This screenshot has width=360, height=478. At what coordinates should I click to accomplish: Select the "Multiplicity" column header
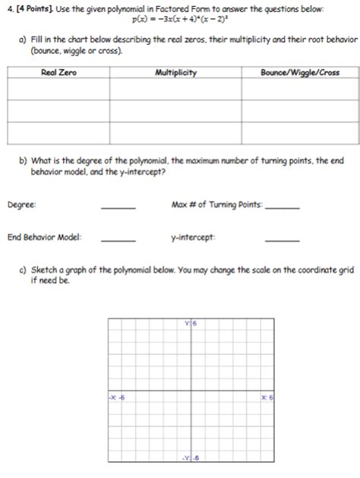[x=176, y=73]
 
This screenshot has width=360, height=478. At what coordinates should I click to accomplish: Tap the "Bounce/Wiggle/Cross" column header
[x=299, y=73]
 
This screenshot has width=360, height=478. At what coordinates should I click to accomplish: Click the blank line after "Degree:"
[x=118, y=207]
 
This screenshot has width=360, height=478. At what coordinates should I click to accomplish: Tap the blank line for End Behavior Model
[x=118, y=240]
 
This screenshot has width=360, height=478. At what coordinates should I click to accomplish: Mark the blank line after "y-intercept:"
[x=283, y=240]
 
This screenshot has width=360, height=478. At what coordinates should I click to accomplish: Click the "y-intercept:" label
[x=193, y=237]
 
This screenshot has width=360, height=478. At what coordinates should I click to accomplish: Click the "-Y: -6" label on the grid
[x=190, y=457]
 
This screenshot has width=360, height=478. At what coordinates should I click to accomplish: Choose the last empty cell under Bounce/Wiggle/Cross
[x=299, y=133]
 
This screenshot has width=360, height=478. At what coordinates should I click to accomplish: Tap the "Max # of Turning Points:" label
[x=217, y=204]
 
